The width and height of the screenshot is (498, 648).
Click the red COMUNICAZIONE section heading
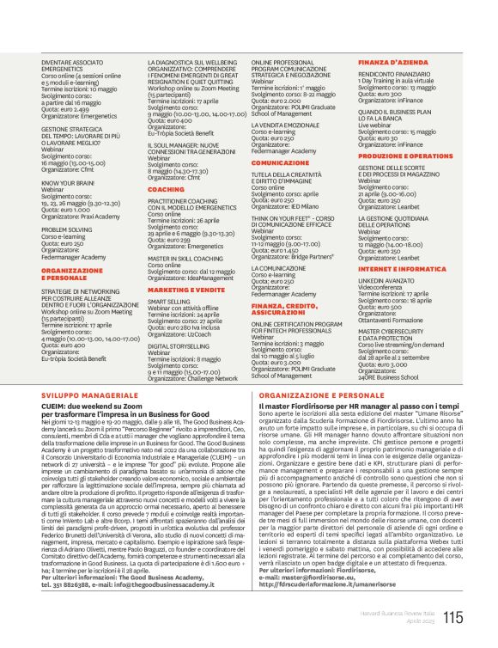(280, 162)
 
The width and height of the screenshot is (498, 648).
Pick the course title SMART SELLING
(169, 302)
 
